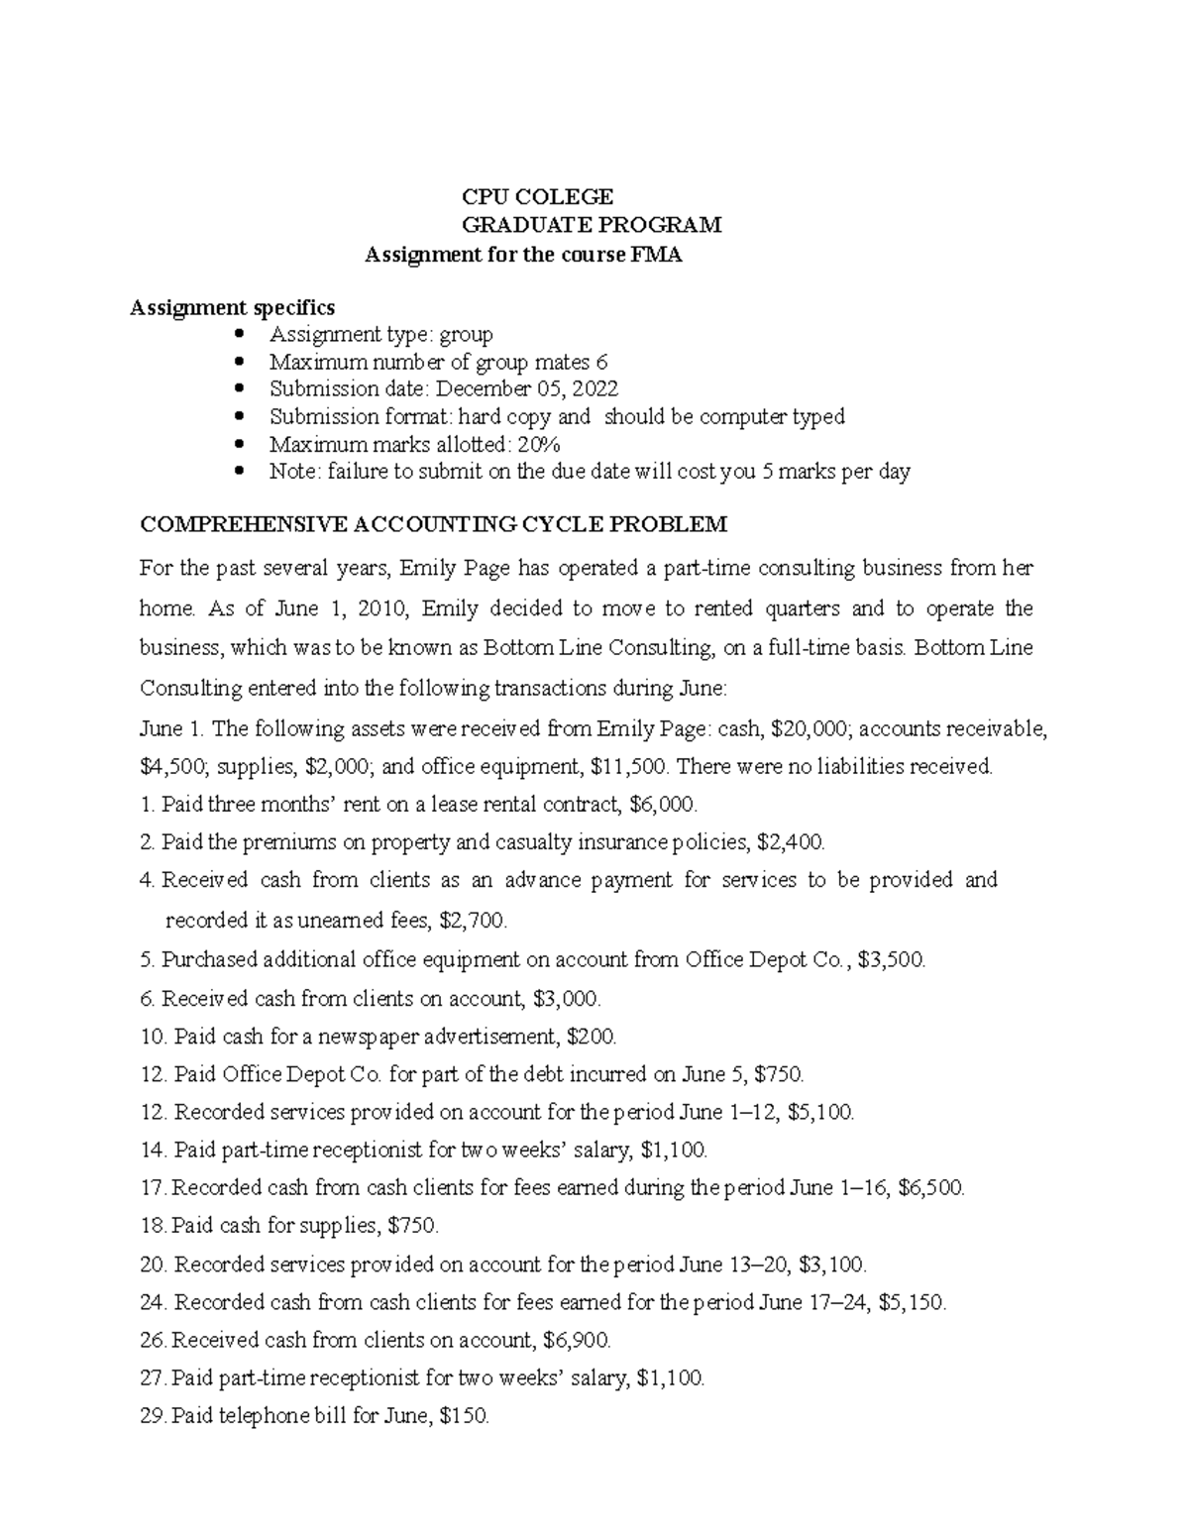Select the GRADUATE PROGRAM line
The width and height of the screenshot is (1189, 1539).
593,225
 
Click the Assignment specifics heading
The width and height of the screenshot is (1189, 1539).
233,307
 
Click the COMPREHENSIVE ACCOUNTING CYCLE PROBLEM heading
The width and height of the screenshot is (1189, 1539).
434,523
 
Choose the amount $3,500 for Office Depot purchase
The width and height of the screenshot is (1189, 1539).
892,959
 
